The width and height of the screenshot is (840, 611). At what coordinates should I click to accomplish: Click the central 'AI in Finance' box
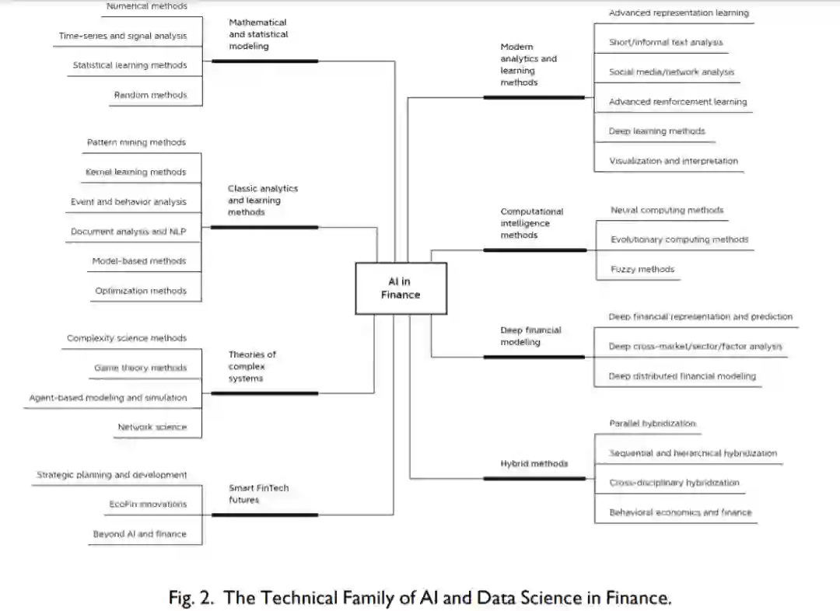tap(401, 288)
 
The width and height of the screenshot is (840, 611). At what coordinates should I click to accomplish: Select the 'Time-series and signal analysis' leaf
tap(123, 36)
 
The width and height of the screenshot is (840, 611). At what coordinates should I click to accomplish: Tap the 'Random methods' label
tap(150, 95)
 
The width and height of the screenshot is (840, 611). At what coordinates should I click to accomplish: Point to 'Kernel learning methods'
tap(136, 172)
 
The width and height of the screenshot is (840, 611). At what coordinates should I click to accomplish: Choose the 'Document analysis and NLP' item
tap(128, 232)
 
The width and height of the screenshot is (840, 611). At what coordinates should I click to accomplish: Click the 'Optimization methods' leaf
tap(141, 291)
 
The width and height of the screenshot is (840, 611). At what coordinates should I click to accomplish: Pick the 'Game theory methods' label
tap(140, 368)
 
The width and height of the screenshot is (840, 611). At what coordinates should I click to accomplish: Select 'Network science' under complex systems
tap(152, 427)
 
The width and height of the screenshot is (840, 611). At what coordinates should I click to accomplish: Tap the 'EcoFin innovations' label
tap(148, 504)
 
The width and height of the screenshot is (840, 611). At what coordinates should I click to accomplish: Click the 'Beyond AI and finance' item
tap(140, 534)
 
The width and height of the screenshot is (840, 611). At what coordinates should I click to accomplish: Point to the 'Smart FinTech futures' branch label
tap(258, 494)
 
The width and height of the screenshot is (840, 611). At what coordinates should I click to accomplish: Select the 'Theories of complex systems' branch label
tap(252, 366)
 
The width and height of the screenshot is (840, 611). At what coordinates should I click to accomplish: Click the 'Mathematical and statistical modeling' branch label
tap(257, 34)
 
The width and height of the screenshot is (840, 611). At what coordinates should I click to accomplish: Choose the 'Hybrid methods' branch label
tap(534, 463)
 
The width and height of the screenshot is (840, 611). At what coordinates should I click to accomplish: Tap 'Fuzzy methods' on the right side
tap(642, 269)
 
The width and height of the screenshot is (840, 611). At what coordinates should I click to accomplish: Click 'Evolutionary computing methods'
tap(679, 239)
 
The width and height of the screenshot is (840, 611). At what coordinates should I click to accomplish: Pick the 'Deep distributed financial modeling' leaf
tap(682, 376)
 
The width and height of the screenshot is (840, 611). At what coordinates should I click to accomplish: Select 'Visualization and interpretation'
tap(674, 161)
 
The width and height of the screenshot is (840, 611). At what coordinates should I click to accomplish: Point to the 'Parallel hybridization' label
tap(653, 424)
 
